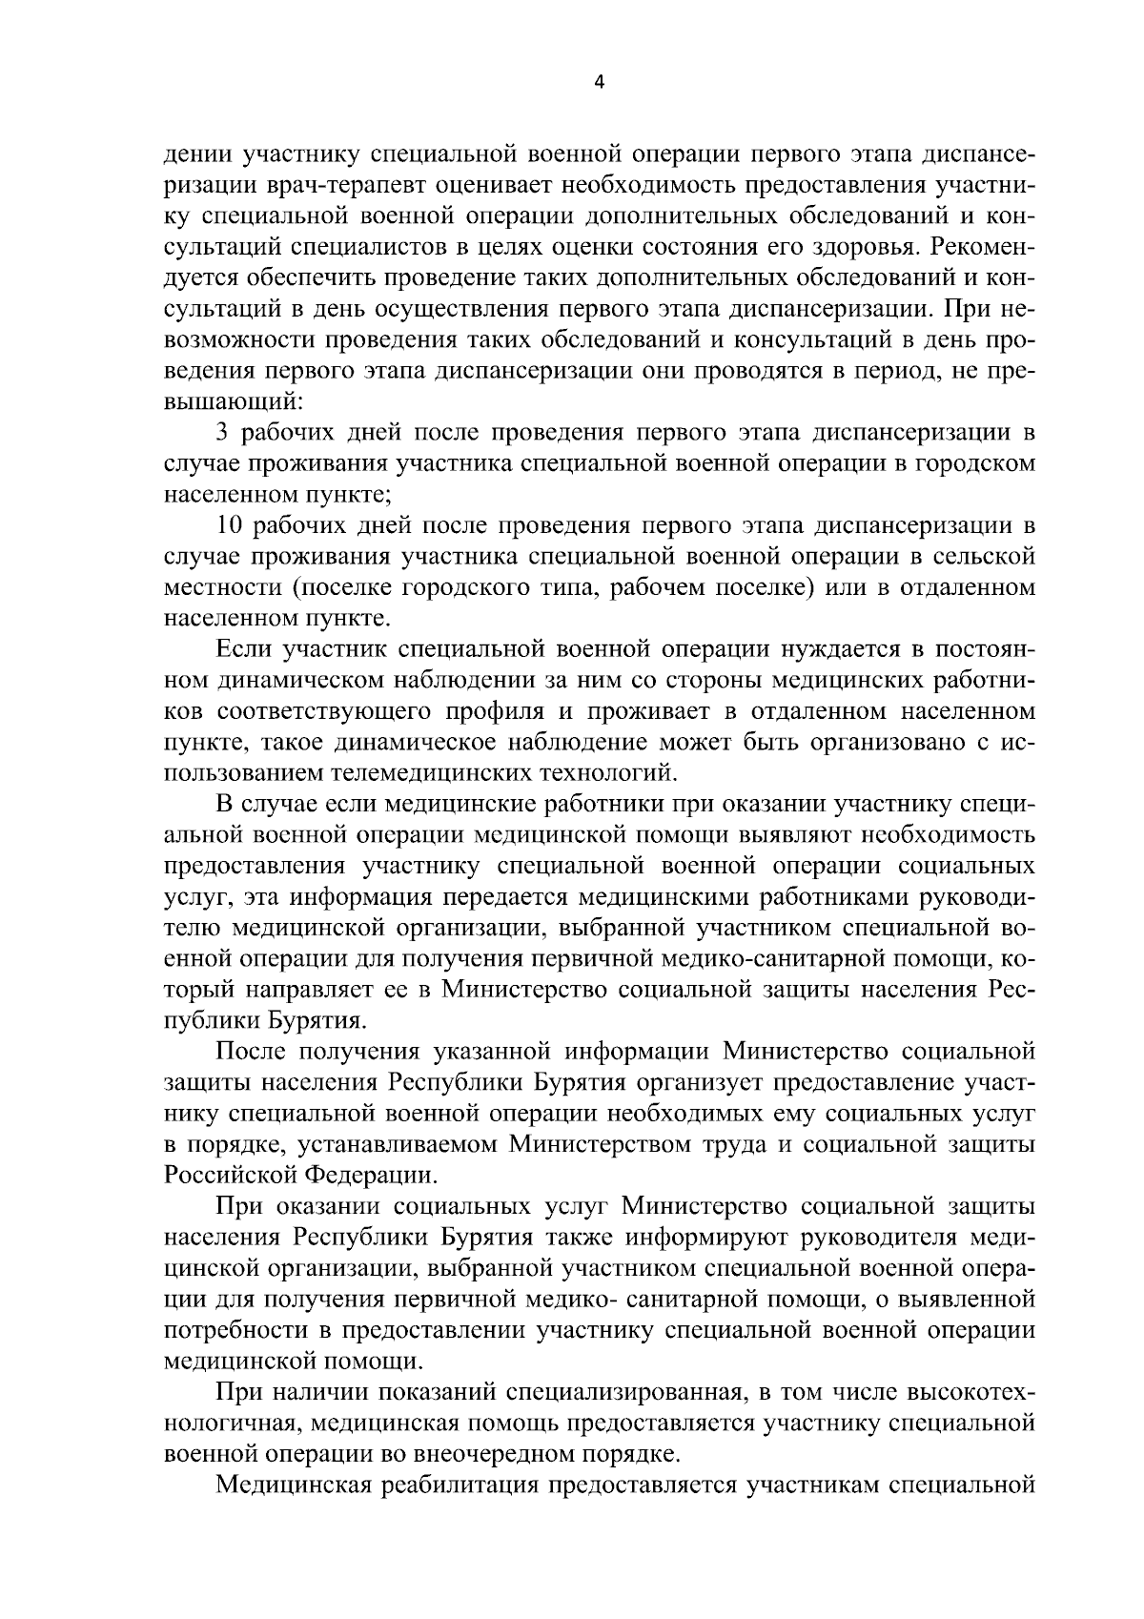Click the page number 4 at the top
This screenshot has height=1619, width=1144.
(x=599, y=82)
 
